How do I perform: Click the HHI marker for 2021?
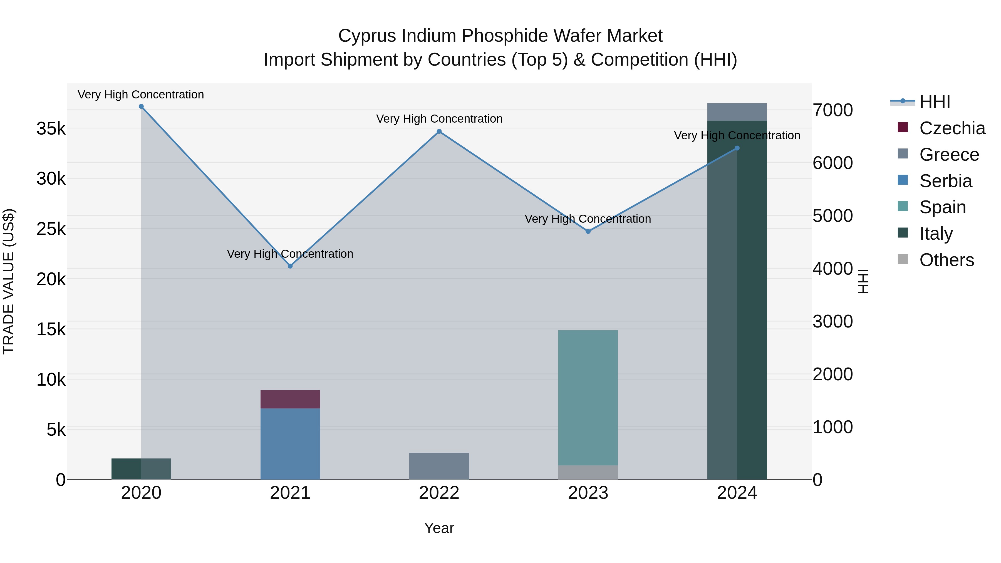(290, 266)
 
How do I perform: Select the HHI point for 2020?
(141, 106)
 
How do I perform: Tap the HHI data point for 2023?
(588, 231)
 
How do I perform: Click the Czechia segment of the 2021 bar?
(290, 399)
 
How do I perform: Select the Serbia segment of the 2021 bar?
(290, 444)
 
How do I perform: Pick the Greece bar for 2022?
(439, 466)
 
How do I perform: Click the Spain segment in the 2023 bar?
(588, 398)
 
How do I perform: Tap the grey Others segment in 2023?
(588, 472)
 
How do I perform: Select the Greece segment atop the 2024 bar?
(737, 112)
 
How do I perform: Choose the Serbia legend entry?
(945, 181)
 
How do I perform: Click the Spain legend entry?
(942, 207)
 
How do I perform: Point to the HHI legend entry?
(935, 102)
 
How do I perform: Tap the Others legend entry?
(946, 260)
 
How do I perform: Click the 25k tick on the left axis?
(51, 229)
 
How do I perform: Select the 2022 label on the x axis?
(439, 493)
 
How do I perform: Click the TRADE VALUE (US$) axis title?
(9, 281)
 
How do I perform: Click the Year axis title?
(439, 528)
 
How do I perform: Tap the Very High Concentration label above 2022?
(439, 119)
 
